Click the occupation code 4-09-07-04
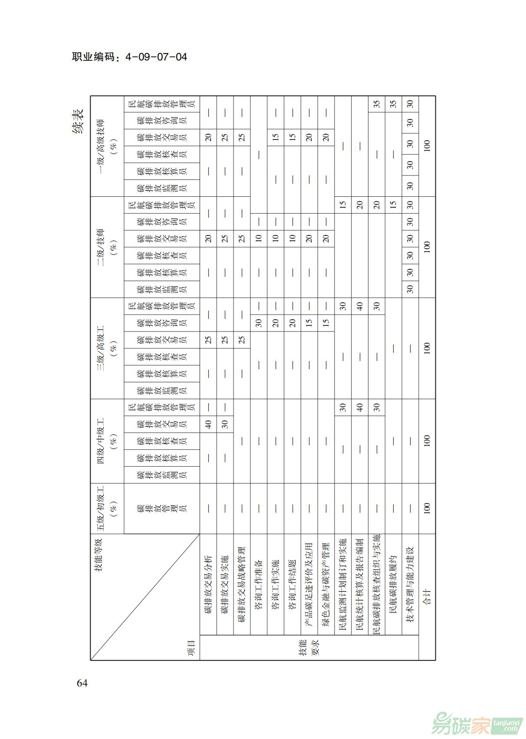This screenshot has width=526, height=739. pos(130,56)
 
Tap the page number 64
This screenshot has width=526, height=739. pos(82,683)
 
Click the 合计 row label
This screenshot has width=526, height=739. pos(427,597)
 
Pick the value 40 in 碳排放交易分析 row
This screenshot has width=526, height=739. pos(208,424)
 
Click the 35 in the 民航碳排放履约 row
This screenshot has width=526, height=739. pos(393,104)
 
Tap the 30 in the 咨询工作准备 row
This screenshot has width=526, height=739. pos(259,323)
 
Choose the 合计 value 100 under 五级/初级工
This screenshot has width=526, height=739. pos(427,508)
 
